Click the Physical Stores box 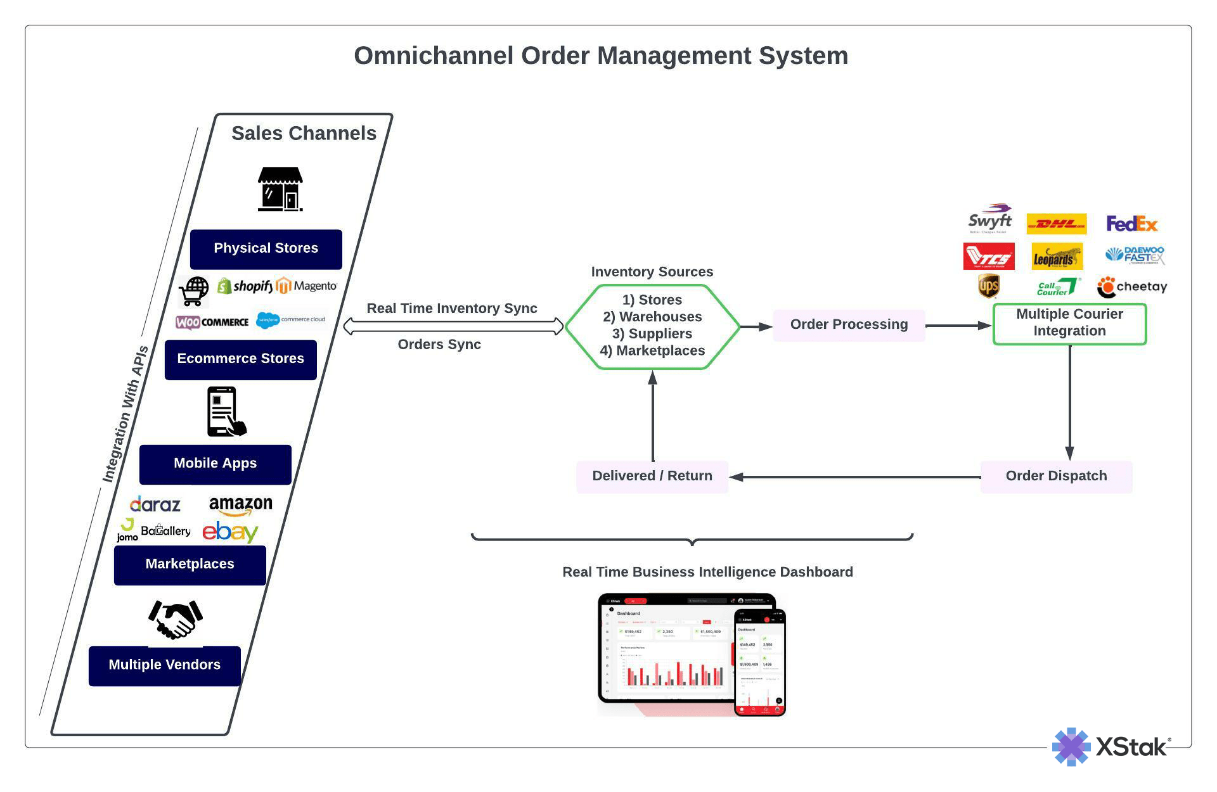[266, 249]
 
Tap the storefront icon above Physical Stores [280, 189]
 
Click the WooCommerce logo [212, 322]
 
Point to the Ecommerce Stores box [240, 359]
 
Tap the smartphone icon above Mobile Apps [224, 412]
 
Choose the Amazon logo [240, 506]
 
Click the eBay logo [229, 532]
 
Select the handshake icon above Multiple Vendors [176, 619]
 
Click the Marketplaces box [190, 565]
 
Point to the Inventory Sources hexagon [652, 326]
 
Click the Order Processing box [848, 325]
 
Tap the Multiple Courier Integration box [1069, 324]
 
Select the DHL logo [1056, 224]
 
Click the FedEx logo [1131, 224]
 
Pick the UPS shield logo [988, 286]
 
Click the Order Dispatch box [1056, 476]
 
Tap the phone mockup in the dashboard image [759, 662]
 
